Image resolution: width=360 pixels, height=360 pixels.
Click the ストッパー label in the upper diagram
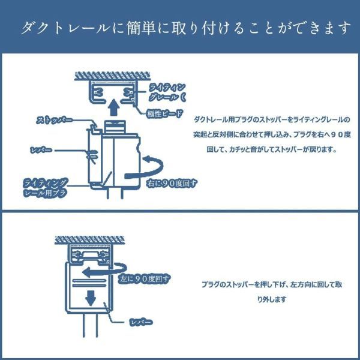tap(55, 120)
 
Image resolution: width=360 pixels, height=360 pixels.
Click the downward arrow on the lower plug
tap(91, 296)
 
